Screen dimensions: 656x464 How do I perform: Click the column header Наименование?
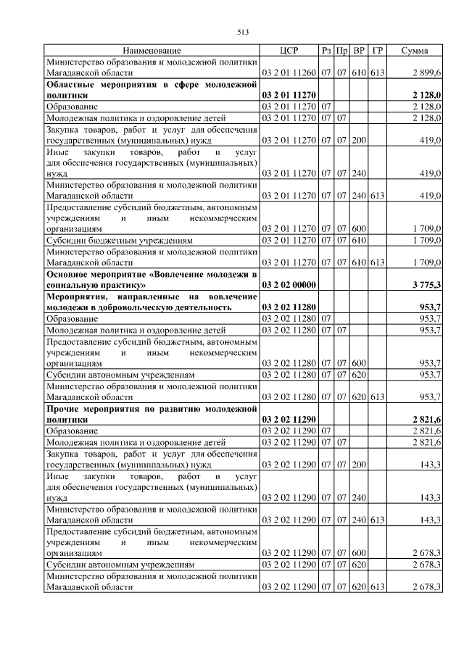point(152,51)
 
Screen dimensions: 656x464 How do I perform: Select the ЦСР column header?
point(289,51)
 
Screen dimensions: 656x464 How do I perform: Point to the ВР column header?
point(359,51)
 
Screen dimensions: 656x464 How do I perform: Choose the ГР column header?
point(377,51)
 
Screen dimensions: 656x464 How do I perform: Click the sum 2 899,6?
point(426,73)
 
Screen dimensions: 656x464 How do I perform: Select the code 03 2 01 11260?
point(289,73)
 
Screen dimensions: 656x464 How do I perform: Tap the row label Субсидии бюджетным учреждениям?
point(120,240)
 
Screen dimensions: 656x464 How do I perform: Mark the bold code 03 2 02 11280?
point(289,307)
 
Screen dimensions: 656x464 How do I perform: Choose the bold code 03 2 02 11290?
point(289,420)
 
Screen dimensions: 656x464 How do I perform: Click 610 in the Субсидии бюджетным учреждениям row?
point(359,240)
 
